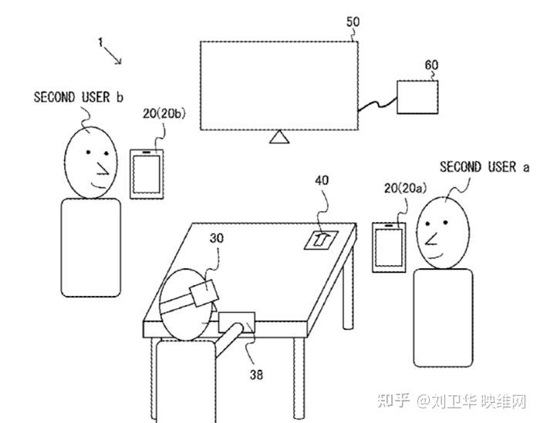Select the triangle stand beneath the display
(x=279, y=138)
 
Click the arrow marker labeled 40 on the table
(x=320, y=239)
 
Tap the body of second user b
(x=90, y=247)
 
